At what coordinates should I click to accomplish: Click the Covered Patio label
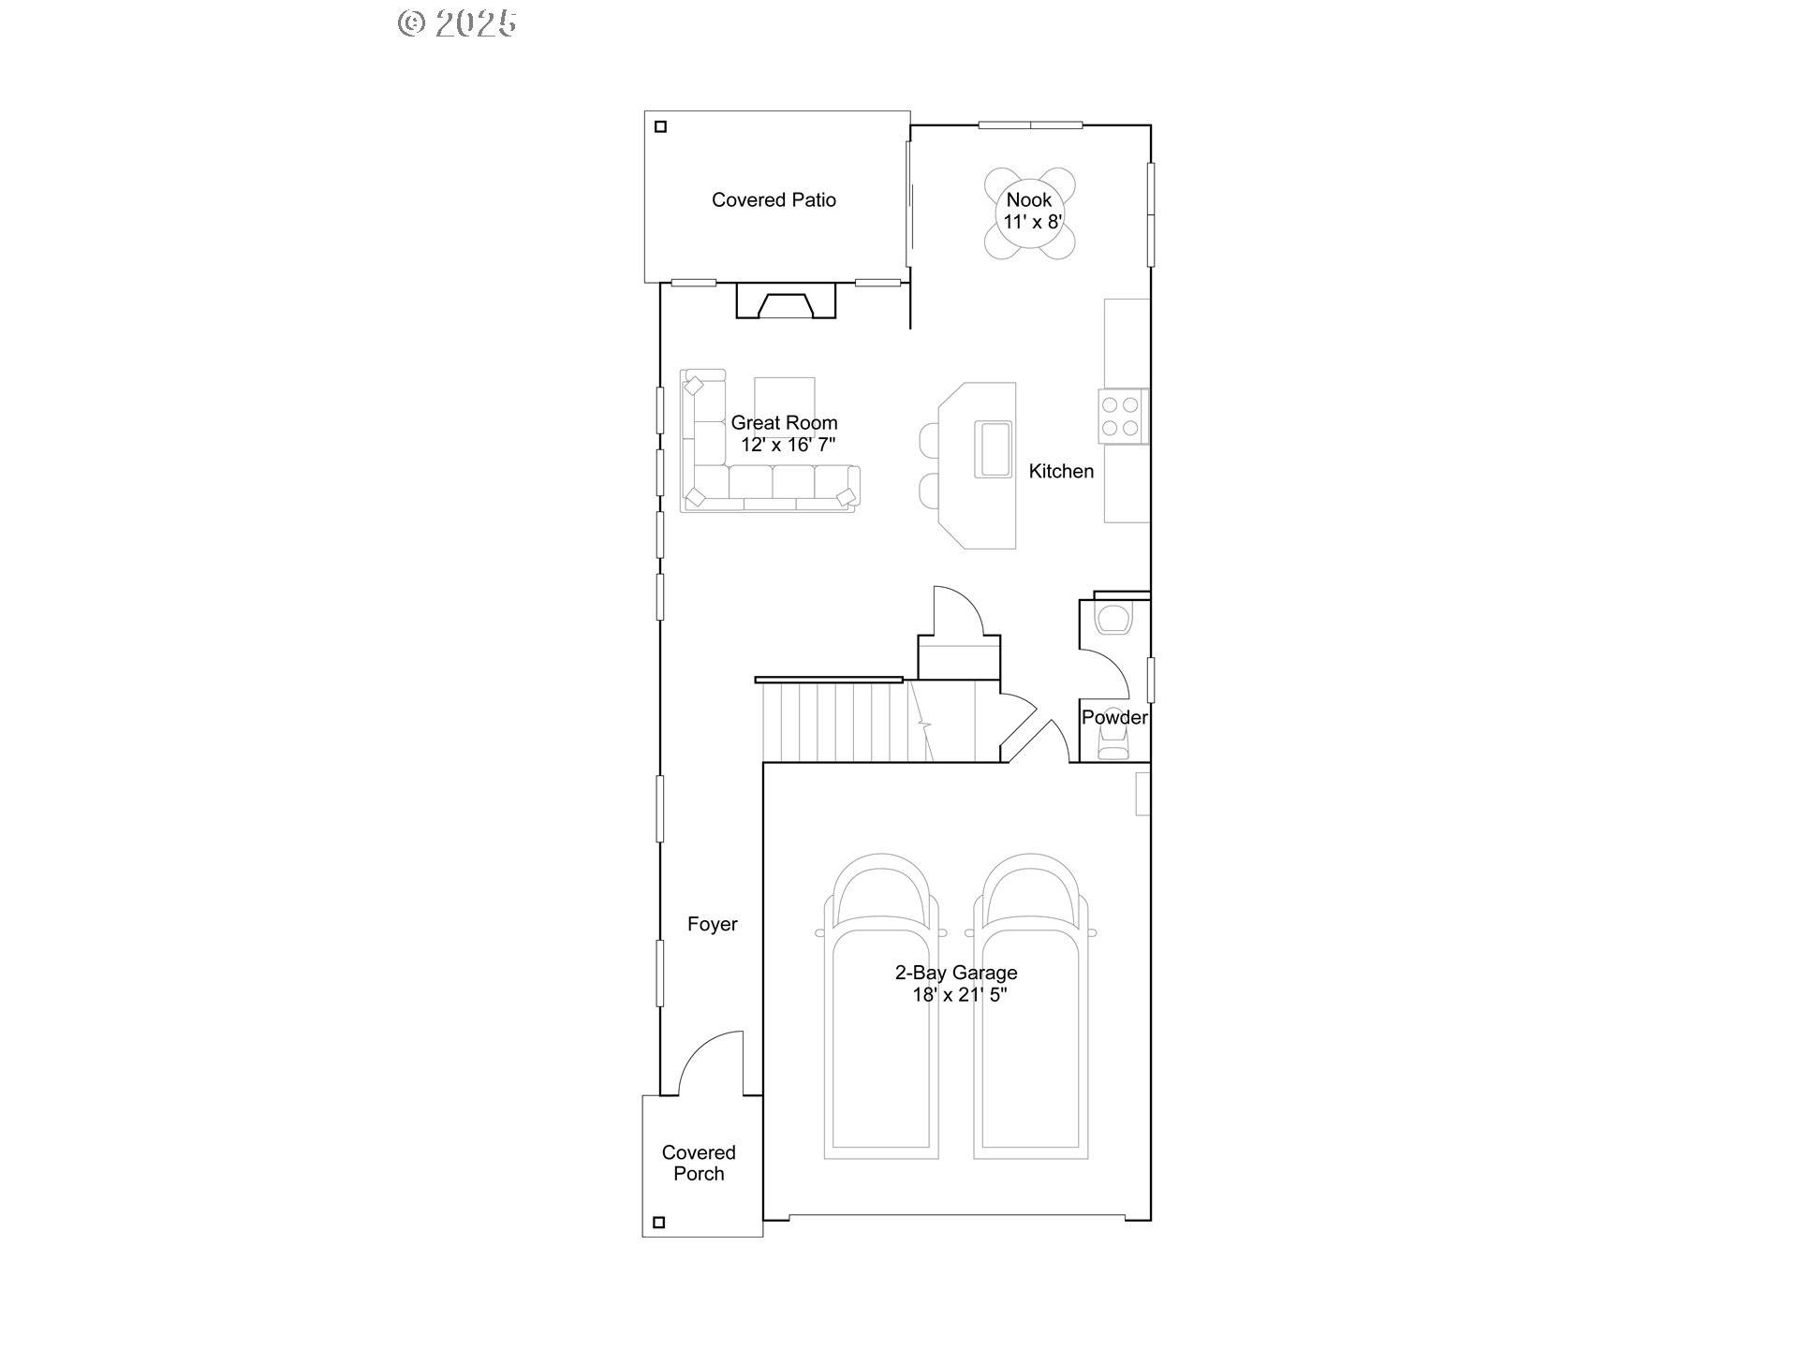[x=774, y=199]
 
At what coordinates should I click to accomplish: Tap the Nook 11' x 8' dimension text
[x=1033, y=222]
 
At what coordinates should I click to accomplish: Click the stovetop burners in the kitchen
[x=1120, y=417]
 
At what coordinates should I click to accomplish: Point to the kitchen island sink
[x=993, y=449]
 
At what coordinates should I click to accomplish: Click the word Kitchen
[x=1060, y=471]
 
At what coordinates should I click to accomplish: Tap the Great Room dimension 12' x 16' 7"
[x=788, y=445]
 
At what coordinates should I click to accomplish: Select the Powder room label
[x=1113, y=717]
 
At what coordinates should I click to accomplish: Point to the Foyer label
[x=712, y=924]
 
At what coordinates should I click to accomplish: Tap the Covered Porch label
[x=699, y=1163]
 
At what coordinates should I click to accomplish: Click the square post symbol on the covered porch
[x=658, y=1222]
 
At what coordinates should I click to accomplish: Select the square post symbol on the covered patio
[x=660, y=126]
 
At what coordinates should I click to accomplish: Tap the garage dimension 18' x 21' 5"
[x=959, y=995]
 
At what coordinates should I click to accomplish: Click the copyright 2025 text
[x=457, y=23]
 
